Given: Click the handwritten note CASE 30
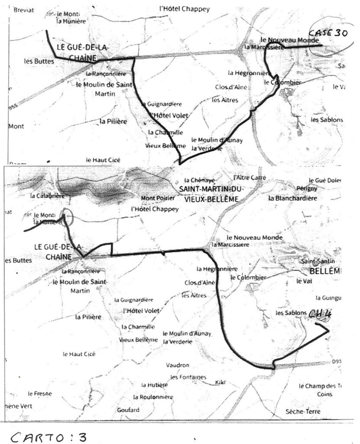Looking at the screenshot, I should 327,34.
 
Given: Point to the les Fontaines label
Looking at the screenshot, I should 188,377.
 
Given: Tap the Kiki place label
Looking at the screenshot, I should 221,382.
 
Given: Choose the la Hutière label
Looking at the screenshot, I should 154,385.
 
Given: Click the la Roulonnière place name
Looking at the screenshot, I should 153,397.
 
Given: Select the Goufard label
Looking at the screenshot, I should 128,410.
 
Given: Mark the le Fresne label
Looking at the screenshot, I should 40,394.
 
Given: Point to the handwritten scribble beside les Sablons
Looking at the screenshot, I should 319,314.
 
